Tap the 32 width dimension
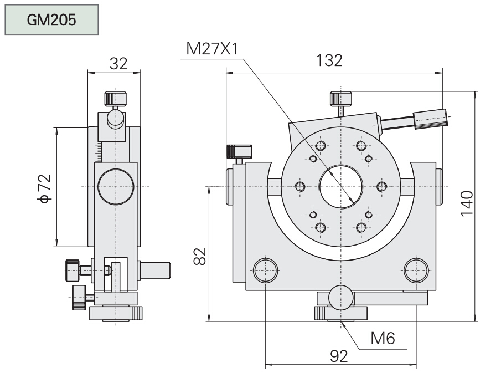click(x=118, y=63)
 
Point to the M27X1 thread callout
click(x=212, y=49)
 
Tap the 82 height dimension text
click(x=201, y=256)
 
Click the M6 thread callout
click(x=382, y=339)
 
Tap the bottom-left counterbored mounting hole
click(x=265, y=271)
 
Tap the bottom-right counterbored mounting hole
click(x=416, y=271)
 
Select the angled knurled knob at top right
click(x=430, y=119)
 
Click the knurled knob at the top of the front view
click(x=342, y=99)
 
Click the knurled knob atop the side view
click(x=114, y=99)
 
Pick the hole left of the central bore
click(x=301, y=186)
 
